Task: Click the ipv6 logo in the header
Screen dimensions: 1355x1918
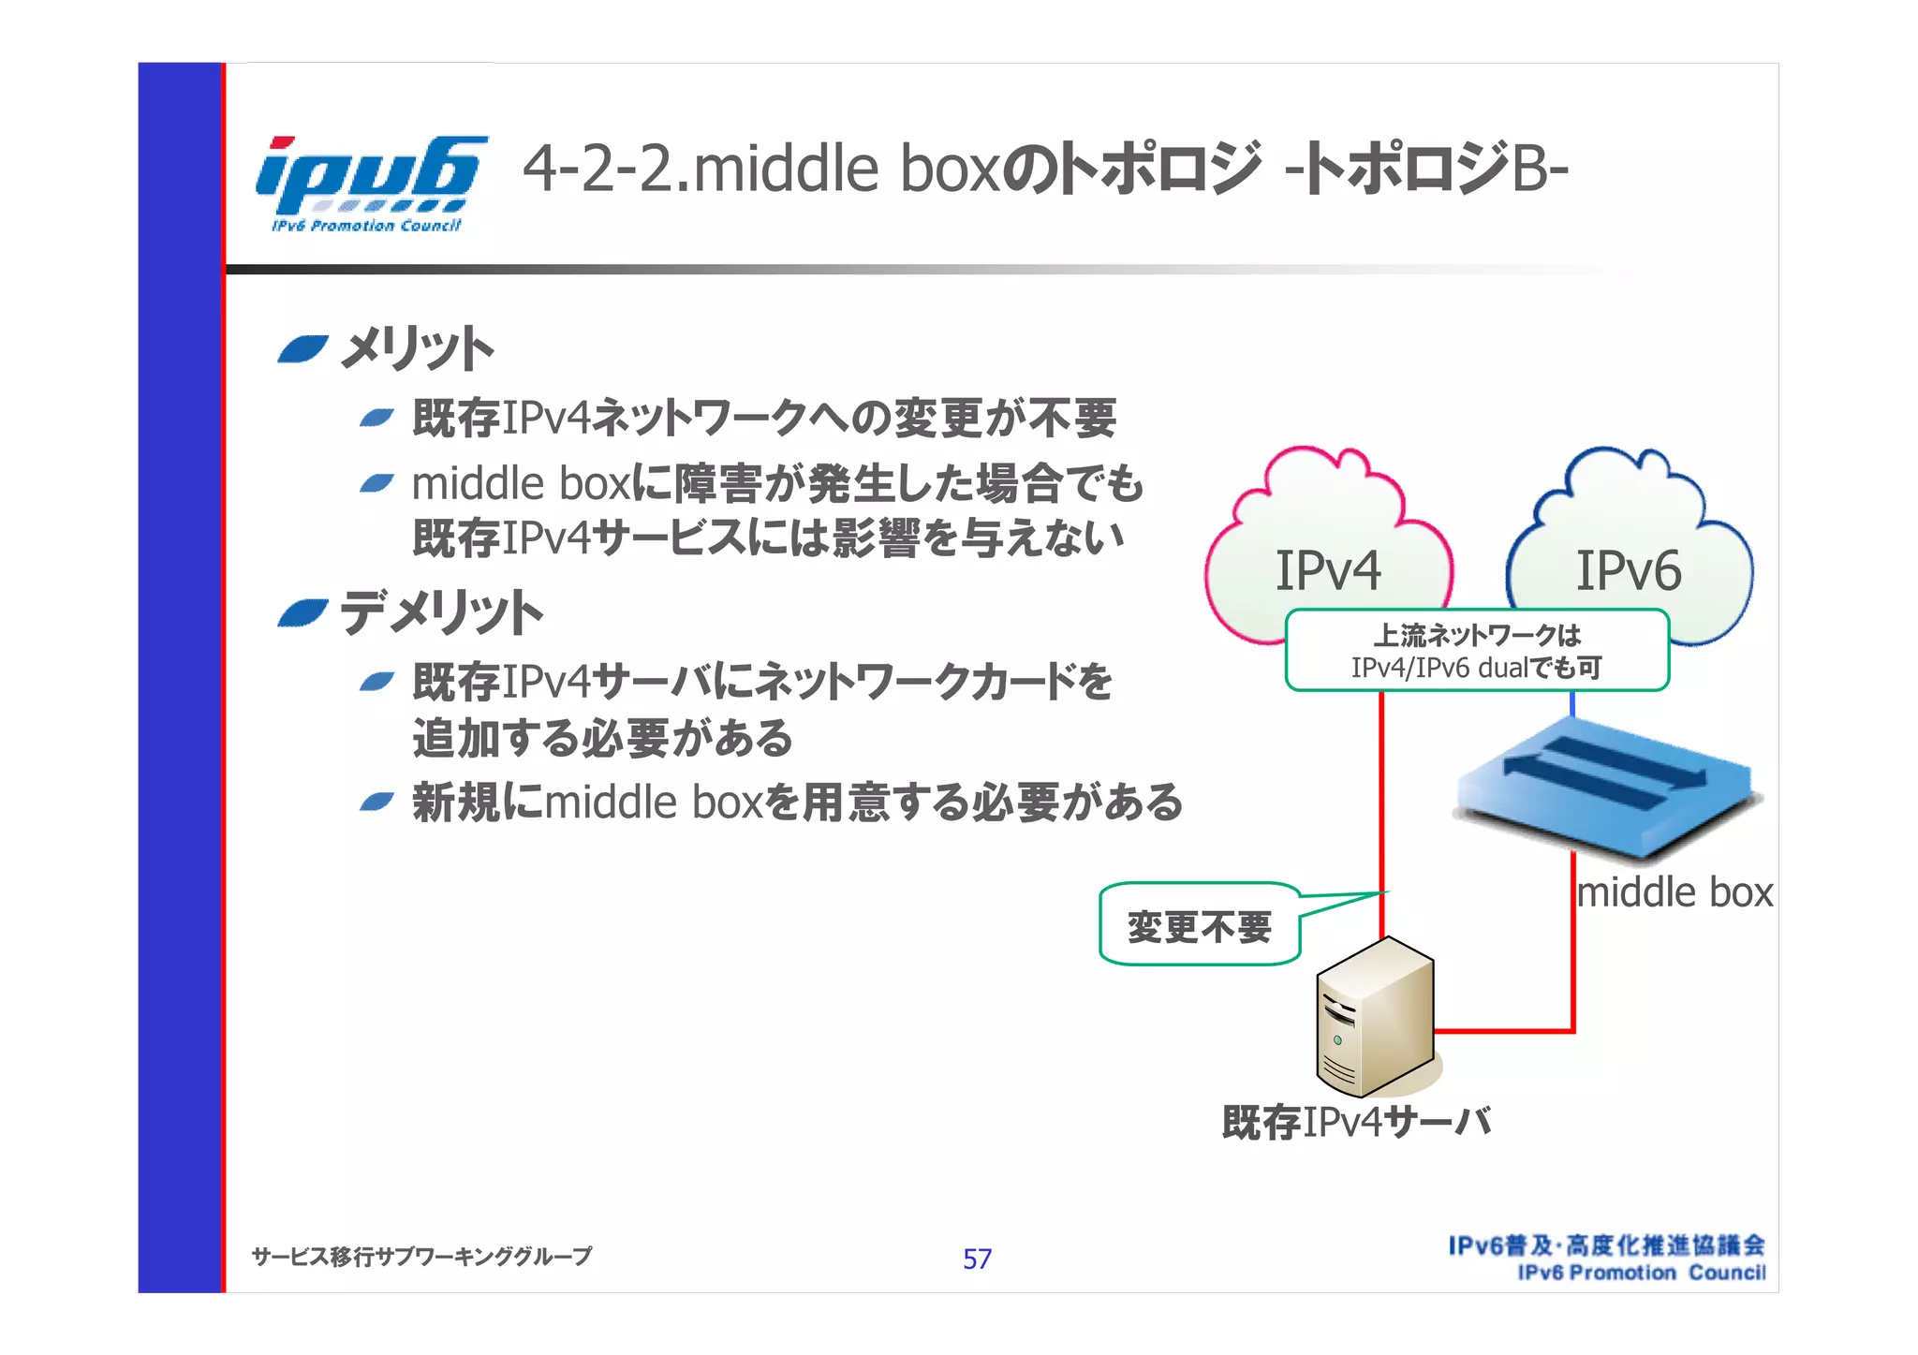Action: pyautogui.click(x=370, y=183)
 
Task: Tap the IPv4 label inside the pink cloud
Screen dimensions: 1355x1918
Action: pyautogui.click(x=1328, y=570)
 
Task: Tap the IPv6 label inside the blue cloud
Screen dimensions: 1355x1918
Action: pyautogui.click(x=1628, y=570)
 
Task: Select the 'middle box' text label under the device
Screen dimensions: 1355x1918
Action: pyautogui.click(x=1675, y=892)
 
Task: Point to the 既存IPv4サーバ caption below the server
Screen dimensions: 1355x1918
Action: pyautogui.click(x=1355, y=1122)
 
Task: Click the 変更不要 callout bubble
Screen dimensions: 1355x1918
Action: pyautogui.click(x=1200, y=926)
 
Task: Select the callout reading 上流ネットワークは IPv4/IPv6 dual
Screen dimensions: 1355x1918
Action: pyautogui.click(x=1477, y=651)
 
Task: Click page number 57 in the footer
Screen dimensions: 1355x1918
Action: pyautogui.click(x=977, y=1259)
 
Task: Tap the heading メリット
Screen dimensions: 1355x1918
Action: pyautogui.click(x=416, y=349)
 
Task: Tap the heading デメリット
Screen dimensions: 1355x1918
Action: pyautogui.click(x=440, y=613)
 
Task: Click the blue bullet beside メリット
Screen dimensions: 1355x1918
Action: pyautogui.click(x=302, y=349)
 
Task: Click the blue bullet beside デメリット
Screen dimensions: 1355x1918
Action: pyautogui.click(x=302, y=613)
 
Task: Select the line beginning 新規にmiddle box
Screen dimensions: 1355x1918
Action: pyautogui.click(x=796, y=803)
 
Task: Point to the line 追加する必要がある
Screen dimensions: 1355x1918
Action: pyautogui.click(x=602, y=738)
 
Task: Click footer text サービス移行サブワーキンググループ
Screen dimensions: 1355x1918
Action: pyautogui.click(x=421, y=1257)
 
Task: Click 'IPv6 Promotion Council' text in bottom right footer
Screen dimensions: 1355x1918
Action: pyautogui.click(x=1641, y=1273)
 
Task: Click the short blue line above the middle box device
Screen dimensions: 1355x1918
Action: pyautogui.click(x=1572, y=704)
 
